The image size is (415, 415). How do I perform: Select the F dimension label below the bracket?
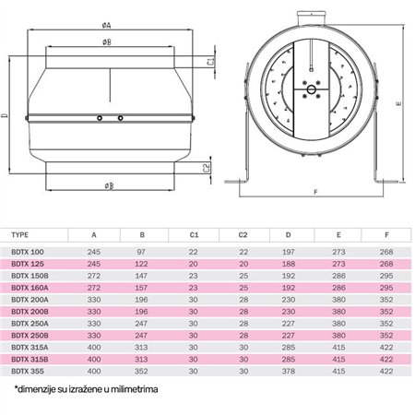tap(316, 193)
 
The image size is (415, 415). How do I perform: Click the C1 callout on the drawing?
tap(211, 62)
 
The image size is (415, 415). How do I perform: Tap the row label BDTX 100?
tap(27, 251)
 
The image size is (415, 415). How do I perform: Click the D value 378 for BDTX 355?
tap(290, 370)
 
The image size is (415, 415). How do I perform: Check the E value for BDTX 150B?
tap(338, 275)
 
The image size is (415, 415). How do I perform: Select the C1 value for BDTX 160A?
tap(194, 287)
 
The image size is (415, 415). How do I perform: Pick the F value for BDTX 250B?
tap(386, 334)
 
